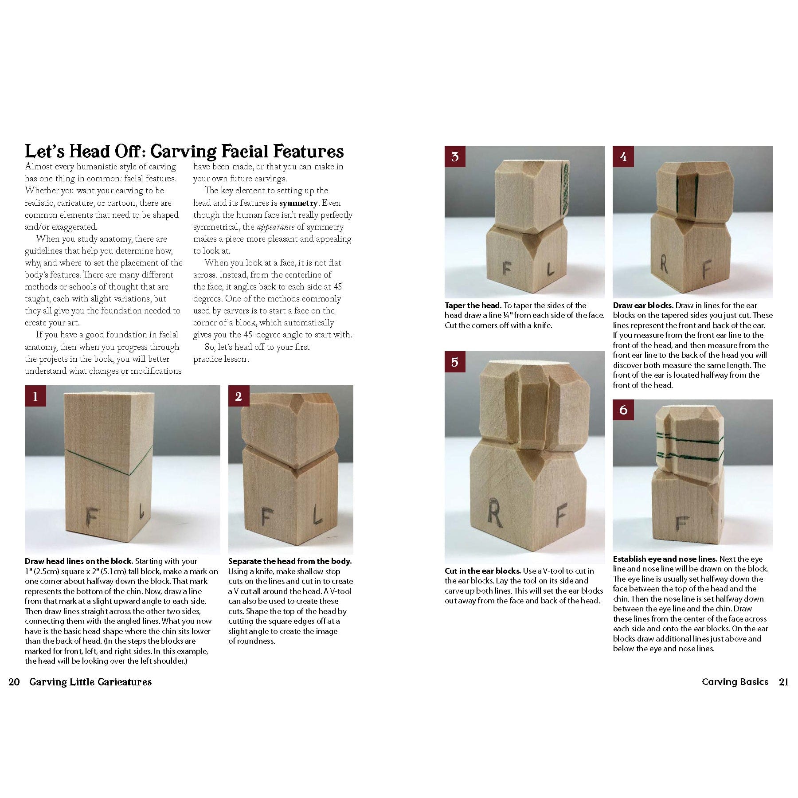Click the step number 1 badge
35,396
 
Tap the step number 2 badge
239,396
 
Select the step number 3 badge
455,157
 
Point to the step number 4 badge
623,157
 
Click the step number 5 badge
455,362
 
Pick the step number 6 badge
623,410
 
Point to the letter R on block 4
663,264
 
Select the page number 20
14,682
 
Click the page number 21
783,682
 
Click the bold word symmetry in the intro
298,203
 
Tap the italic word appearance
275,227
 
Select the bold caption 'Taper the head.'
473,305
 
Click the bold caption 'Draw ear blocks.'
643,305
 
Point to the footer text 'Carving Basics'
735,682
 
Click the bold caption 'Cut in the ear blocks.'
482,571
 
